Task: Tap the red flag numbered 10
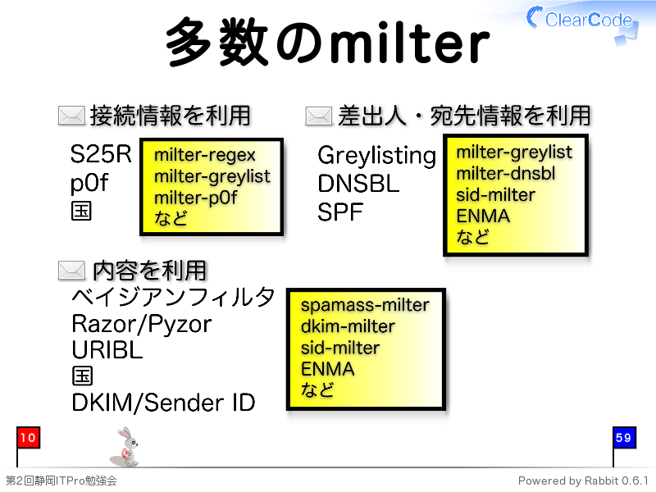[x=28, y=438]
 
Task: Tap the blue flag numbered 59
[x=624, y=438]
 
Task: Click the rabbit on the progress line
[x=125, y=447]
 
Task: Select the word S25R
[x=100, y=154]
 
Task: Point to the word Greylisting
[x=376, y=157]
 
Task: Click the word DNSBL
[x=358, y=184]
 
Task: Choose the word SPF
[x=339, y=212]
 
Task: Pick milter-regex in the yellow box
[x=204, y=156]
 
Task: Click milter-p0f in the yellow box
[x=195, y=198]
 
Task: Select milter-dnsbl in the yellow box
[x=505, y=173]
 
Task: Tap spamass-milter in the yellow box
[x=365, y=305]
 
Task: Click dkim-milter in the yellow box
[x=348, y=326]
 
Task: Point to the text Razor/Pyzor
[x=141, y=325]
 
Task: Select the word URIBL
[x=107, y=350]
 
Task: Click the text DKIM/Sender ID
[x=163, y=403]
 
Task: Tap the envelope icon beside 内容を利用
[x=71, y=271]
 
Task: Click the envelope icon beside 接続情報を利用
[x=71, y=116]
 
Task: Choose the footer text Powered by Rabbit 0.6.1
[x=583, y=481]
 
